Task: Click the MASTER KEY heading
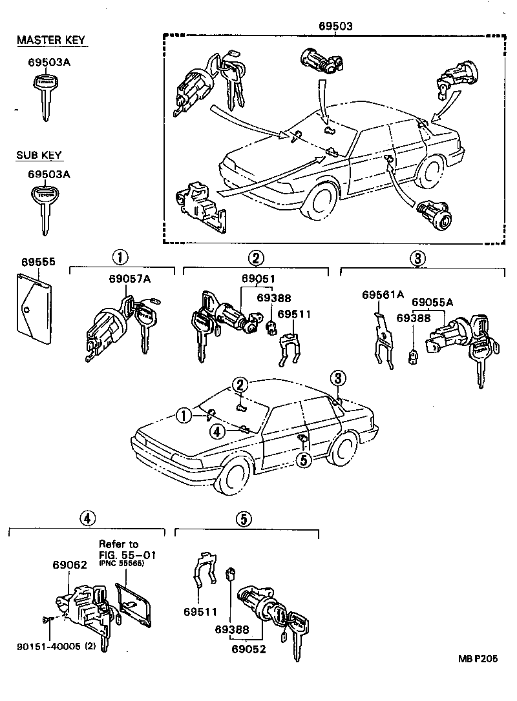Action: tap(51, 41)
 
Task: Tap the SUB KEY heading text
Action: tap(39, 156)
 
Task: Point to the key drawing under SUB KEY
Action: tap(44, 207)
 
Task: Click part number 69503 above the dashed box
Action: tap(335, 26)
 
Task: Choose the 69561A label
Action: tap(383, 295)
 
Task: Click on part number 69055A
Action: tap(432, 302)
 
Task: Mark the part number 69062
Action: tap(70, 565)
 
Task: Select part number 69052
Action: tap(249, 649)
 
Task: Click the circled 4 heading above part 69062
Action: tap(88, 517)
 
